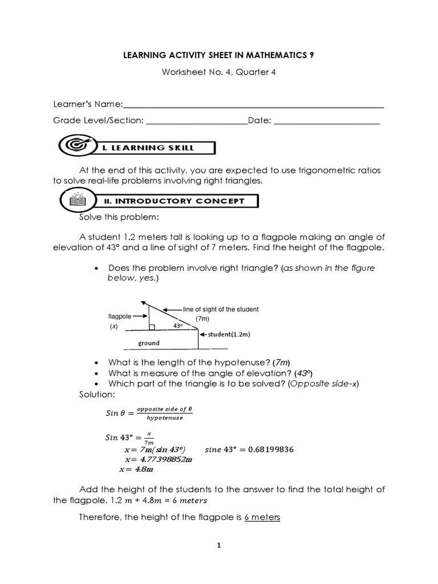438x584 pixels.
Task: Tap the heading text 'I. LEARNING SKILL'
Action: pos(148,148)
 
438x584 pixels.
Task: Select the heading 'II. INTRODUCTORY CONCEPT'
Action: pos(174,201)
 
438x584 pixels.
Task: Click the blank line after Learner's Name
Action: pos(253,106)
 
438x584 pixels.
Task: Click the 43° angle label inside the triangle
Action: pos(177,326)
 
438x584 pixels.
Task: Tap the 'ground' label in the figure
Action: pos(149,343)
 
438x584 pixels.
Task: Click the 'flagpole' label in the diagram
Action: pos(120,315)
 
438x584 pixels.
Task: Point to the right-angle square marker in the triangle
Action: pos(152,327)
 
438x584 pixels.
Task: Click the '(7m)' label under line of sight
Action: pos(203,318)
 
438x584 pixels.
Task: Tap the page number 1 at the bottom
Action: pos(218,546)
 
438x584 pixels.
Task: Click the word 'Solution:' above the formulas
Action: pos(96,395)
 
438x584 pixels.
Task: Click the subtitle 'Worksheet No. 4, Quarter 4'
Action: pos(219,73)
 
